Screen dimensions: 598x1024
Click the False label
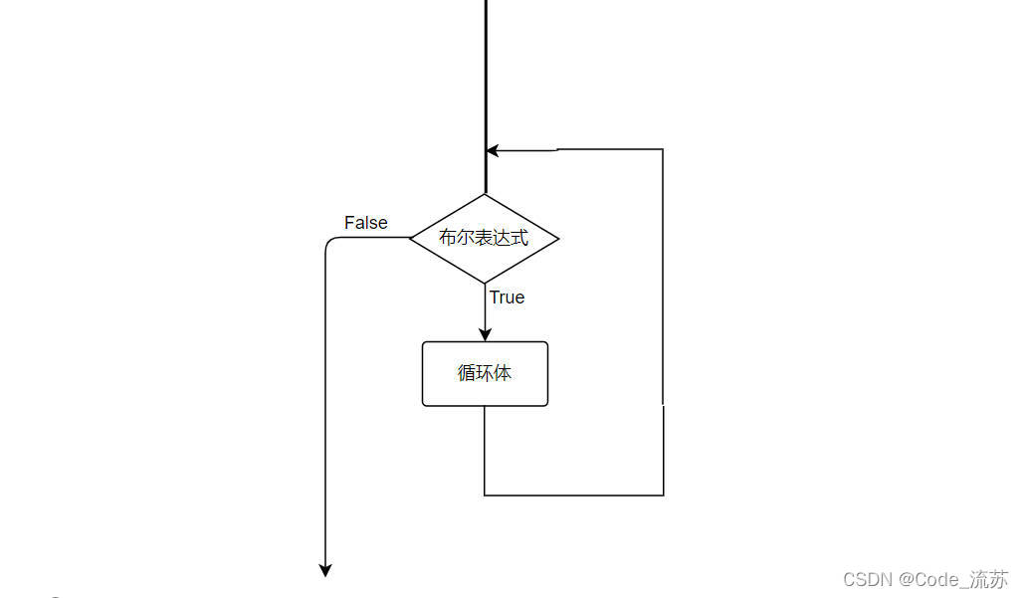[365, 223]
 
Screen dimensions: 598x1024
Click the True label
[507, 298]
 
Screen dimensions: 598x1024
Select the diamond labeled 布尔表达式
[485, 239]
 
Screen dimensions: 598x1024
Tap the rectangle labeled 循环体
[485, 374]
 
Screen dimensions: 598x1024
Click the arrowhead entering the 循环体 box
[485, 335]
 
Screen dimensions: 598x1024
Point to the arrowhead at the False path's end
[324, 570]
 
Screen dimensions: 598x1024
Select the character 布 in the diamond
[448, 239]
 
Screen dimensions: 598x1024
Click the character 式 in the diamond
[519, 239]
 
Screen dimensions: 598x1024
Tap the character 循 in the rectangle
[467, 373]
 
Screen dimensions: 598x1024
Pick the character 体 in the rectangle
[503, 373]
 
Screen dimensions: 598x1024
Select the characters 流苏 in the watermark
[989, 579]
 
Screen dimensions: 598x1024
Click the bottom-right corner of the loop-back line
[663, 495]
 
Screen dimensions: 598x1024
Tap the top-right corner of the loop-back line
[663, 150]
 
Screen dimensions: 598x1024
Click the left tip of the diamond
[411, 238]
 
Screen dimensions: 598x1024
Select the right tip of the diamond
[558, 239]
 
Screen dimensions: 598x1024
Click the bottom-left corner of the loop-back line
[485, 495]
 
